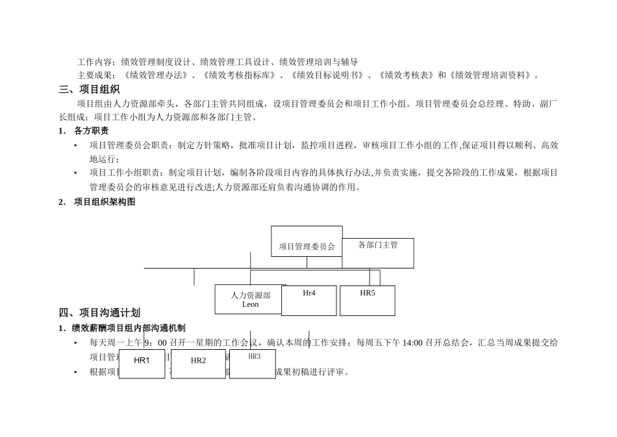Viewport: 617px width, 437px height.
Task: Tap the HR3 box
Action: (x=253, y=364)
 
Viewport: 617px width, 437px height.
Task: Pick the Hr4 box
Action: (x=309, y=300)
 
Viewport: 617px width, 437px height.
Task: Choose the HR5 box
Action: (x=367, y=300)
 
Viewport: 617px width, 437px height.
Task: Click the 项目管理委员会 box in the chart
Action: (x=307, y=241)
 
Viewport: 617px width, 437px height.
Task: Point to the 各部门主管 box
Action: (x=378, y=253)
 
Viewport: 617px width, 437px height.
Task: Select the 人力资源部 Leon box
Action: (x=250, y=299)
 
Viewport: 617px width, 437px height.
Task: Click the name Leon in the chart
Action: (x=250, y=304)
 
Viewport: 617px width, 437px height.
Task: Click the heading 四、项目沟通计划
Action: (x=99, y=313)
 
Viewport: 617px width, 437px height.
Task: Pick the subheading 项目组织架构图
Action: (x=104, y=202)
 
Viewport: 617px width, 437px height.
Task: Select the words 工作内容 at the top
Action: (x=95, y=62)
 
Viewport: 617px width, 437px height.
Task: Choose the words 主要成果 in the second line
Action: (x=95, y=75)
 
